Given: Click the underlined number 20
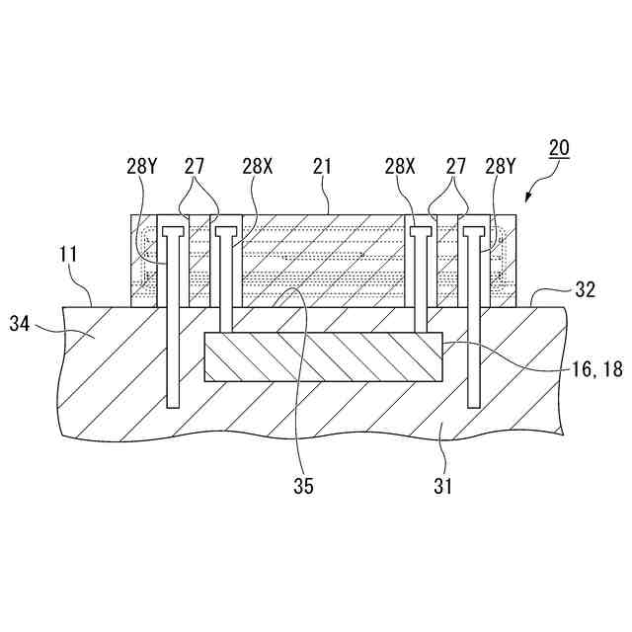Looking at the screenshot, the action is click(x=559, y=150).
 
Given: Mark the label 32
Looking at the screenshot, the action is click(x=584, y=289).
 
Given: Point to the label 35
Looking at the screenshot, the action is click(x=302, y=485).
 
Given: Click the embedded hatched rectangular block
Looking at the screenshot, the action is click(x=322, y=356).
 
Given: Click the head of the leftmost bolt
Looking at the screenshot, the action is click(x=174, y=233).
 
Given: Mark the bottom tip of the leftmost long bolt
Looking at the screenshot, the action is click(x=174, y=404).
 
